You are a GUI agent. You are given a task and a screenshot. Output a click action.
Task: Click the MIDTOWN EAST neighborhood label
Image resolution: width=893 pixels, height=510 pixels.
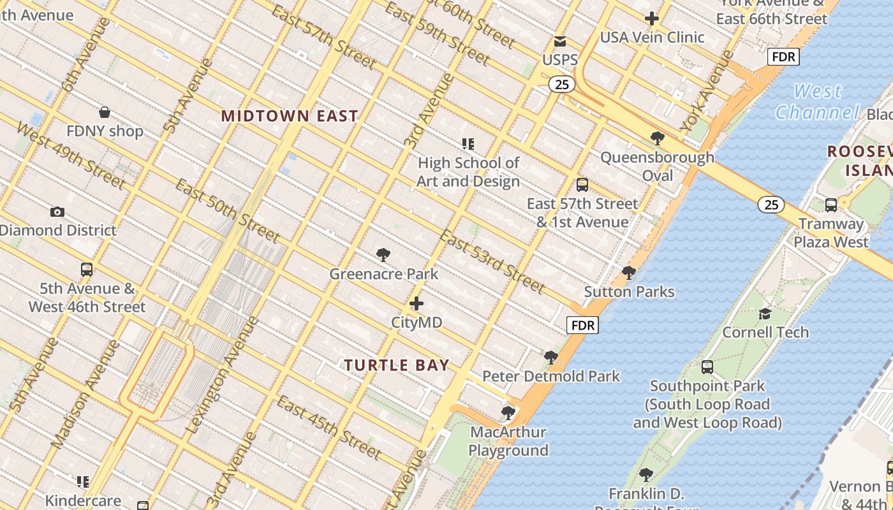point(290,116)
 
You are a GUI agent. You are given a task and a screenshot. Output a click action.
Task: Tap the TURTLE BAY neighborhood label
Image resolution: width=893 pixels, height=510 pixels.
point(397,365)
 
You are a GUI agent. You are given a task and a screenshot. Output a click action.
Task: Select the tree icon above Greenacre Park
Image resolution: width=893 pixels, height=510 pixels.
point(383,256)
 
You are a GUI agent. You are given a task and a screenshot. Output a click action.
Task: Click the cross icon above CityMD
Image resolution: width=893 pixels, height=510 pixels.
point(417,303)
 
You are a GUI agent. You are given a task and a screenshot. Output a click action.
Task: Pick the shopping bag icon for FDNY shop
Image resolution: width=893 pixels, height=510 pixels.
point(105,113)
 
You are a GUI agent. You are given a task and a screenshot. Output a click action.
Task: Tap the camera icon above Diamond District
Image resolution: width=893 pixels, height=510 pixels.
point(57,212)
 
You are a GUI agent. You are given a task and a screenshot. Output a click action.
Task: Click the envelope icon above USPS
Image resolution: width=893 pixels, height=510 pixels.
point(560,41)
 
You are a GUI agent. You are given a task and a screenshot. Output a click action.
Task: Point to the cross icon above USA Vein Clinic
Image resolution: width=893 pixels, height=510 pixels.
point(651,18)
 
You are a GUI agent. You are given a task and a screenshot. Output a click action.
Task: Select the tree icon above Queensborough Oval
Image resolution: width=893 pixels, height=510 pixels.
point(657,138)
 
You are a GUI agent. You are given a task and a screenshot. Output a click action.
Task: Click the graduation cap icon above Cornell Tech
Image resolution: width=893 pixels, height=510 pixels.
point(765,314)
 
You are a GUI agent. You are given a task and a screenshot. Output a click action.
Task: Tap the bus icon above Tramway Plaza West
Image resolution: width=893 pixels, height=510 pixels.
point(830,205)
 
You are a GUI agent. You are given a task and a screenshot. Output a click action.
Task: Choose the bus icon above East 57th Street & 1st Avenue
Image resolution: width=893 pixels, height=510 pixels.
point(582,185)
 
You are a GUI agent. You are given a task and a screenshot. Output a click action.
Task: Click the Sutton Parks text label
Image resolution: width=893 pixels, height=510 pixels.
point(630,292)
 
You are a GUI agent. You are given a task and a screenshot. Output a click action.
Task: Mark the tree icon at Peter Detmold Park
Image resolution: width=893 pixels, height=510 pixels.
point(551,358)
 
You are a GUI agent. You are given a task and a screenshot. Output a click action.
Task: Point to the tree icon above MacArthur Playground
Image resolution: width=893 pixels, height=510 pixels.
point(508,413)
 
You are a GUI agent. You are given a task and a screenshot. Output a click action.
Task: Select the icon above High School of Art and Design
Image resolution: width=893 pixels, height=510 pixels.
point(468,144)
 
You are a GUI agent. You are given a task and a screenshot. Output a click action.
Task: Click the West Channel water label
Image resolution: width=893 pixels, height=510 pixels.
point(817,102)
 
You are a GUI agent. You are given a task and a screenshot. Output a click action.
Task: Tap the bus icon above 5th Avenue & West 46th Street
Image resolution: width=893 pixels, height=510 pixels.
point(87,270)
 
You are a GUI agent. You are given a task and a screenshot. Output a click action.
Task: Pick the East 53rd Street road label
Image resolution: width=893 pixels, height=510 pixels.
point(492,261)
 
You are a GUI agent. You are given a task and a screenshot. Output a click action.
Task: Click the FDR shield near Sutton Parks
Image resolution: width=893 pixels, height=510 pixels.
point(583,325)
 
